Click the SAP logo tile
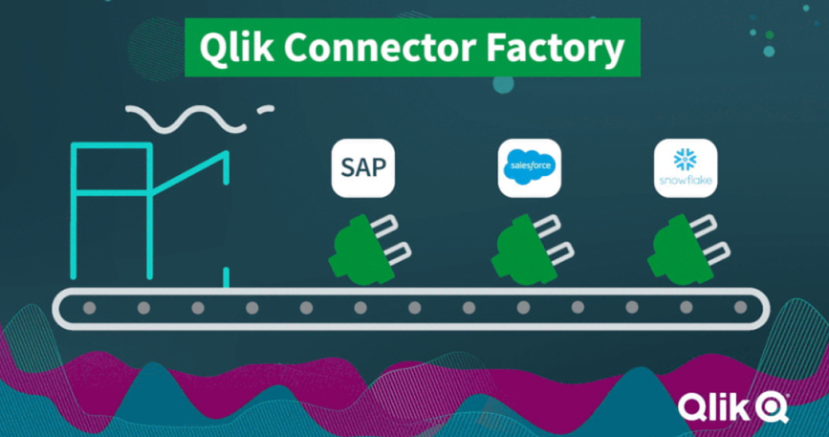[x=363, y=168]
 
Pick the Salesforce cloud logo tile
[x=529, y=168]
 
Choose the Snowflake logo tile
[x=686, y=168]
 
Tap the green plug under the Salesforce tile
[x=533, y=249]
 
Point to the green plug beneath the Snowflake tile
[x=688, y=249]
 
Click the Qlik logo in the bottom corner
[x=733, y=408]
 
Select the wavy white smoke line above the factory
[x=185, y=120]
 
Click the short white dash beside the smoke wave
[x=266, y=109]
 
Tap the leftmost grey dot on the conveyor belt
[x=89, y=308]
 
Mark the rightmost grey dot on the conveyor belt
[x=741, y=307]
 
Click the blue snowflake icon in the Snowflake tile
[x=686, y=160]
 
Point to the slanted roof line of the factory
[x=190, y=173]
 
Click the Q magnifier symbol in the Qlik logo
[x=774, y=408]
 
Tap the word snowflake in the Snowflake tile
[x=686, y=181]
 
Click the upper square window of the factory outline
[x=112, y=169]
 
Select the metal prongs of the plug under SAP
[x=392, y=239]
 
